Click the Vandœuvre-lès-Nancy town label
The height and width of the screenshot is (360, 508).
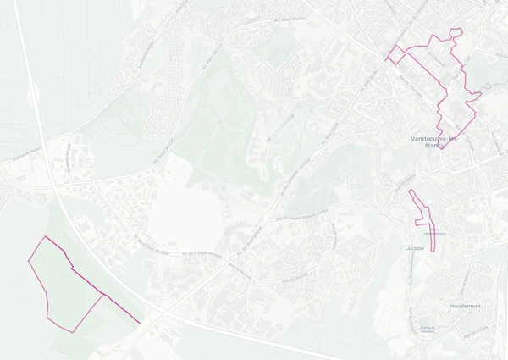433,141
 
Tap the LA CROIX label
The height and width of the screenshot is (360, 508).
414,249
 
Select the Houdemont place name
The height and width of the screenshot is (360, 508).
466,306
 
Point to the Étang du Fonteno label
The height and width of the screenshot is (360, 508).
428,329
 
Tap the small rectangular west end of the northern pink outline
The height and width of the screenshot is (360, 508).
392,56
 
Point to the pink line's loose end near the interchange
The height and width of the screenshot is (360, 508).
138,321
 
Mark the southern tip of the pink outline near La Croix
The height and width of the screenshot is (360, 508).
433,252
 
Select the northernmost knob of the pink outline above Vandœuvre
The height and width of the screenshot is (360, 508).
457,32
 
